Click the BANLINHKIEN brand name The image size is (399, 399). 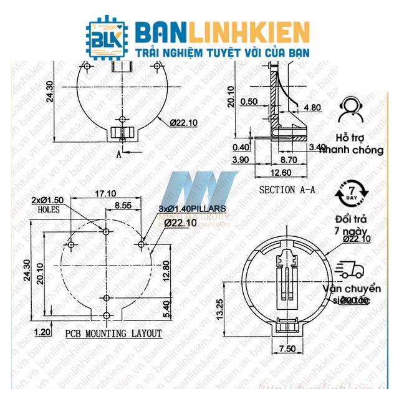coord(222,31)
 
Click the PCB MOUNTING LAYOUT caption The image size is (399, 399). coord(113,334)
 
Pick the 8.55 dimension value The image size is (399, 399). coord(123,204)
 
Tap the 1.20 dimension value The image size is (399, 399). coord(43,331)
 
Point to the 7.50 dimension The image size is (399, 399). coord(287,349)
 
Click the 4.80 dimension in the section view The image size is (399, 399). coord(312,107)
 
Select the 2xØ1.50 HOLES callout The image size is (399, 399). coord(48,204)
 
